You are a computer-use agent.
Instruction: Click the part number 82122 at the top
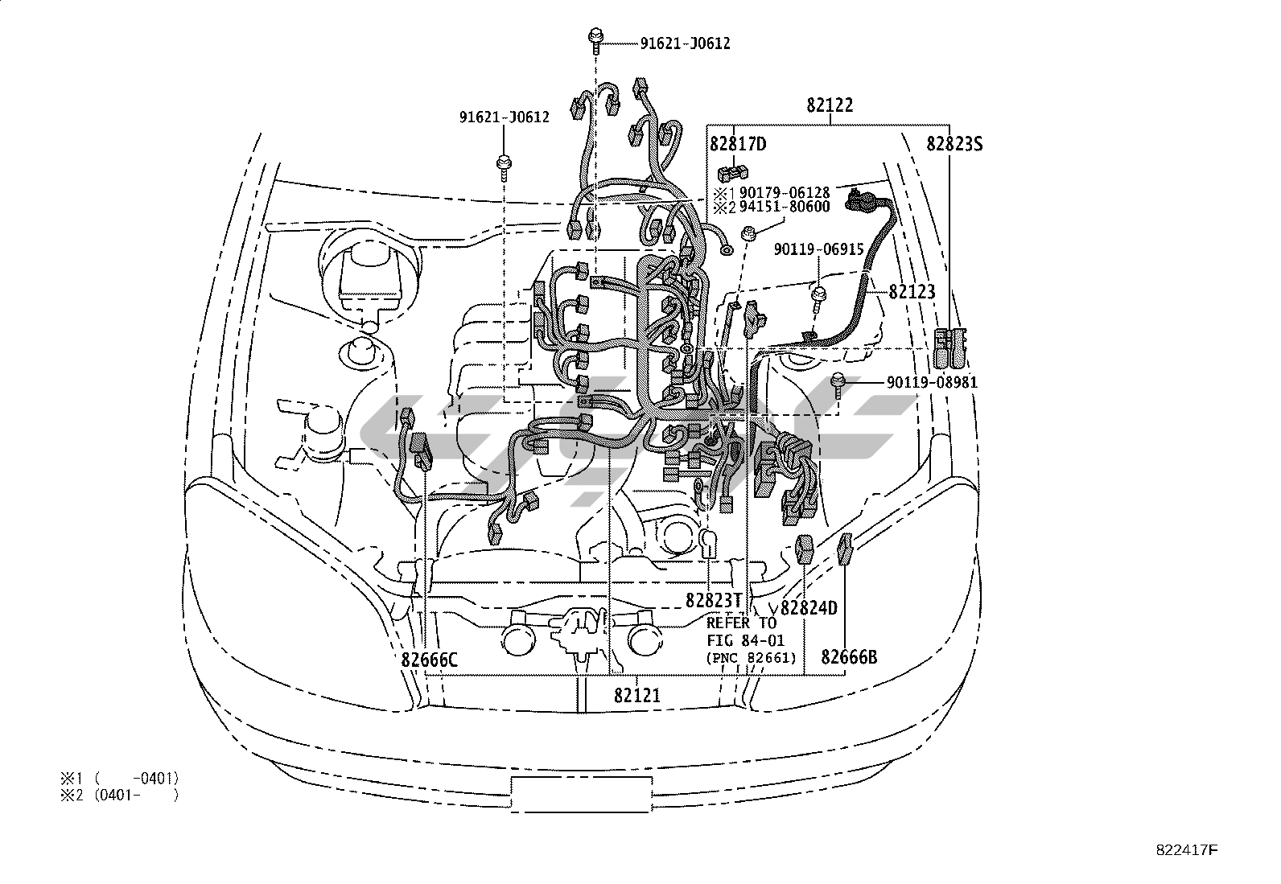click(x=830, y=105)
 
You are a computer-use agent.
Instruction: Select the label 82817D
click(x=738, y=144)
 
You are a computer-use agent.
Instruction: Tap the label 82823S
click(x=954, y=144)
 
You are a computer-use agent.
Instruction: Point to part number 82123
click(x=912, y=292)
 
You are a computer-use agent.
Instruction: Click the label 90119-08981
click(x=932, y=382)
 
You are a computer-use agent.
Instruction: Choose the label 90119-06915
click(x=819, y=249)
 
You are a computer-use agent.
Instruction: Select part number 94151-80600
click(x=784, y=207)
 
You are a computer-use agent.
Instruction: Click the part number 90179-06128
click(x=784, y=192)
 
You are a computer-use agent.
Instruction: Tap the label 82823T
click(x=714, y=600)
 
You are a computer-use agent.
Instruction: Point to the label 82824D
click(x=809, y=608)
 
